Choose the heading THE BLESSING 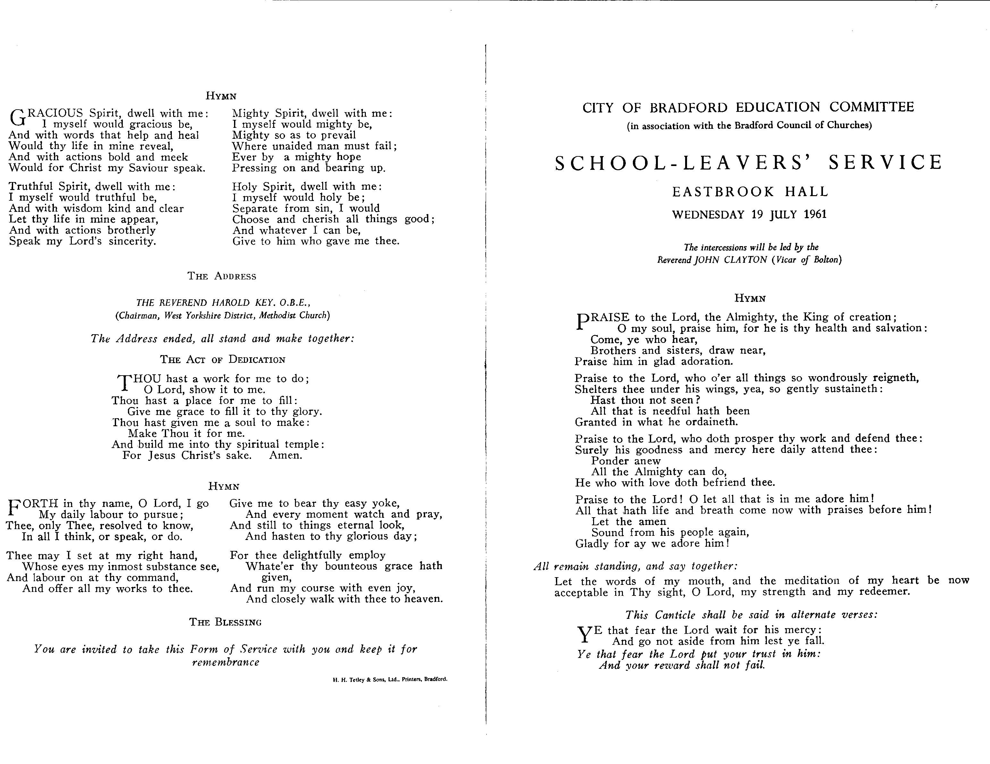[225, 622]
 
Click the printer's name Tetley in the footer [358, 680]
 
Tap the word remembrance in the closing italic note [226, 662]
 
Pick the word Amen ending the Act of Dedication [286, 455]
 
